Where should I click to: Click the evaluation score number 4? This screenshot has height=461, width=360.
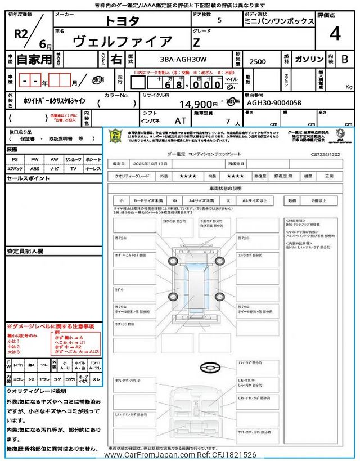pos(335,34)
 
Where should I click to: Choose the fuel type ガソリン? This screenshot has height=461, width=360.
pos(309,59)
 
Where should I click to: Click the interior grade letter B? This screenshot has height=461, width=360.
pos(344,59)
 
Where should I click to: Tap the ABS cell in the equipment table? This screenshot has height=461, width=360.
pos(34,168)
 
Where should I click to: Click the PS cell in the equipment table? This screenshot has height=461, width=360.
pos(15,159)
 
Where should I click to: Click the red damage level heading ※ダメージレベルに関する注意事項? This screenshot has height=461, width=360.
pos(50,326)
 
